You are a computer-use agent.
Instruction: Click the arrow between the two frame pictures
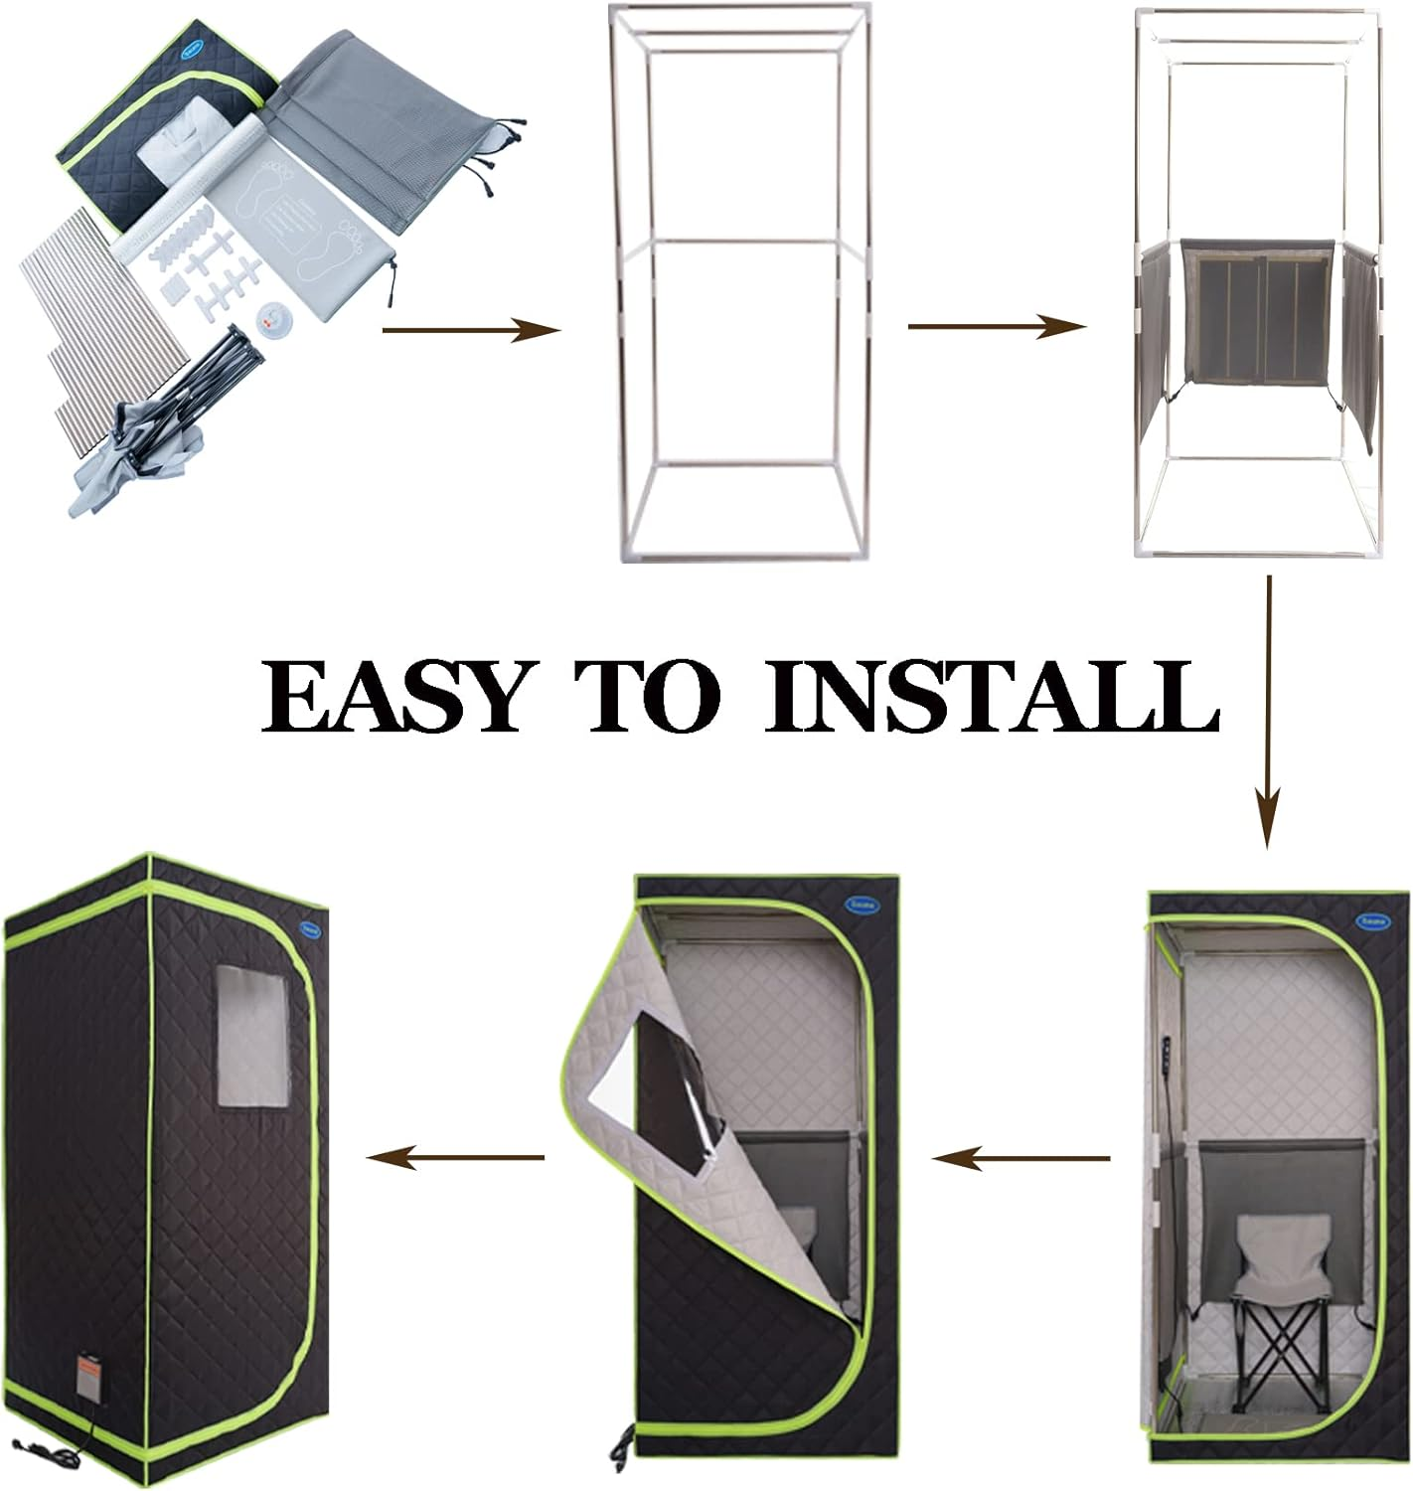(x=997, y=326)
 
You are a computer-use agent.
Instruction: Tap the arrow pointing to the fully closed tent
(x=456, y=1157)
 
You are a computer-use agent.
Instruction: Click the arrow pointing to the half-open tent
(x=1020, y=1157)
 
